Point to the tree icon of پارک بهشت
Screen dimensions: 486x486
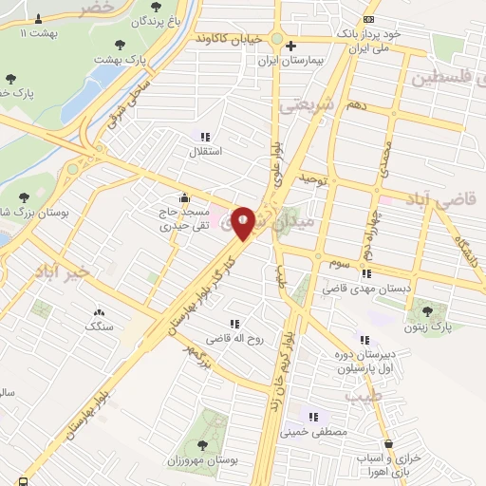coord(120,44)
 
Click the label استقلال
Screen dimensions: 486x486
coord(206,151)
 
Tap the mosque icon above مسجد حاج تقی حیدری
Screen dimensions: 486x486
coord(183,198)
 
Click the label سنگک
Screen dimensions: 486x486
coord(98,327)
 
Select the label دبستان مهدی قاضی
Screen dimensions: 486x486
coord(364,287)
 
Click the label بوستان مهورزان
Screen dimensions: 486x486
coord(200,458)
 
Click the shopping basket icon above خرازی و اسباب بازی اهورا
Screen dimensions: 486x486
coord(388,443)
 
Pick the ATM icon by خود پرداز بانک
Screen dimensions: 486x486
coord(369,19)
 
